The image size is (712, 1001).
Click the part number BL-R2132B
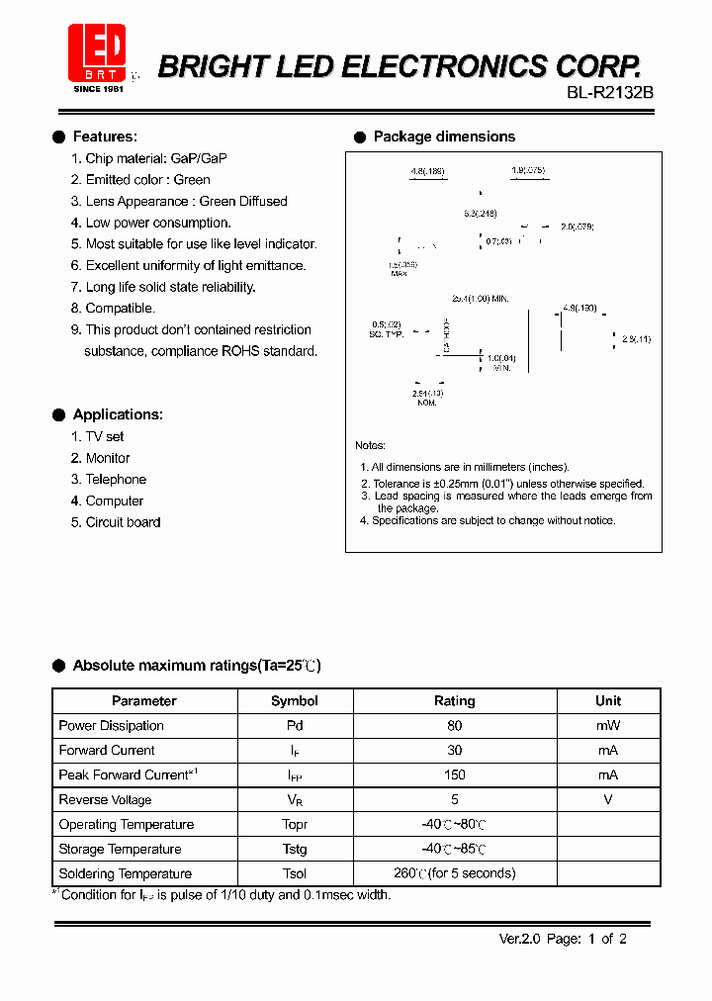609,92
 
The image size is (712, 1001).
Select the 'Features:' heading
105,136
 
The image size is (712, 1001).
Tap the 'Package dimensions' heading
444,136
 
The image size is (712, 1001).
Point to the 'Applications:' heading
118,414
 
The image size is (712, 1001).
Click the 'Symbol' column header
295,701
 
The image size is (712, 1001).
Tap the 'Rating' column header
455,701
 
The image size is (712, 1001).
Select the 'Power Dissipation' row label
111,726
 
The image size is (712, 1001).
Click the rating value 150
455,775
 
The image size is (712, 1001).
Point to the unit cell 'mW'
608,726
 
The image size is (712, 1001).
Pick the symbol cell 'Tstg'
295,850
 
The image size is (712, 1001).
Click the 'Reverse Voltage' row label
105,800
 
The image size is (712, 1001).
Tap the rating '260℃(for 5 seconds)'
455,874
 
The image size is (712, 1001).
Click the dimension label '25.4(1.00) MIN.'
480,298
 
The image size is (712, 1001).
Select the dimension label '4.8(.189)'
427,171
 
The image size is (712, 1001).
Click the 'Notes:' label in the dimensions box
370,446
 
